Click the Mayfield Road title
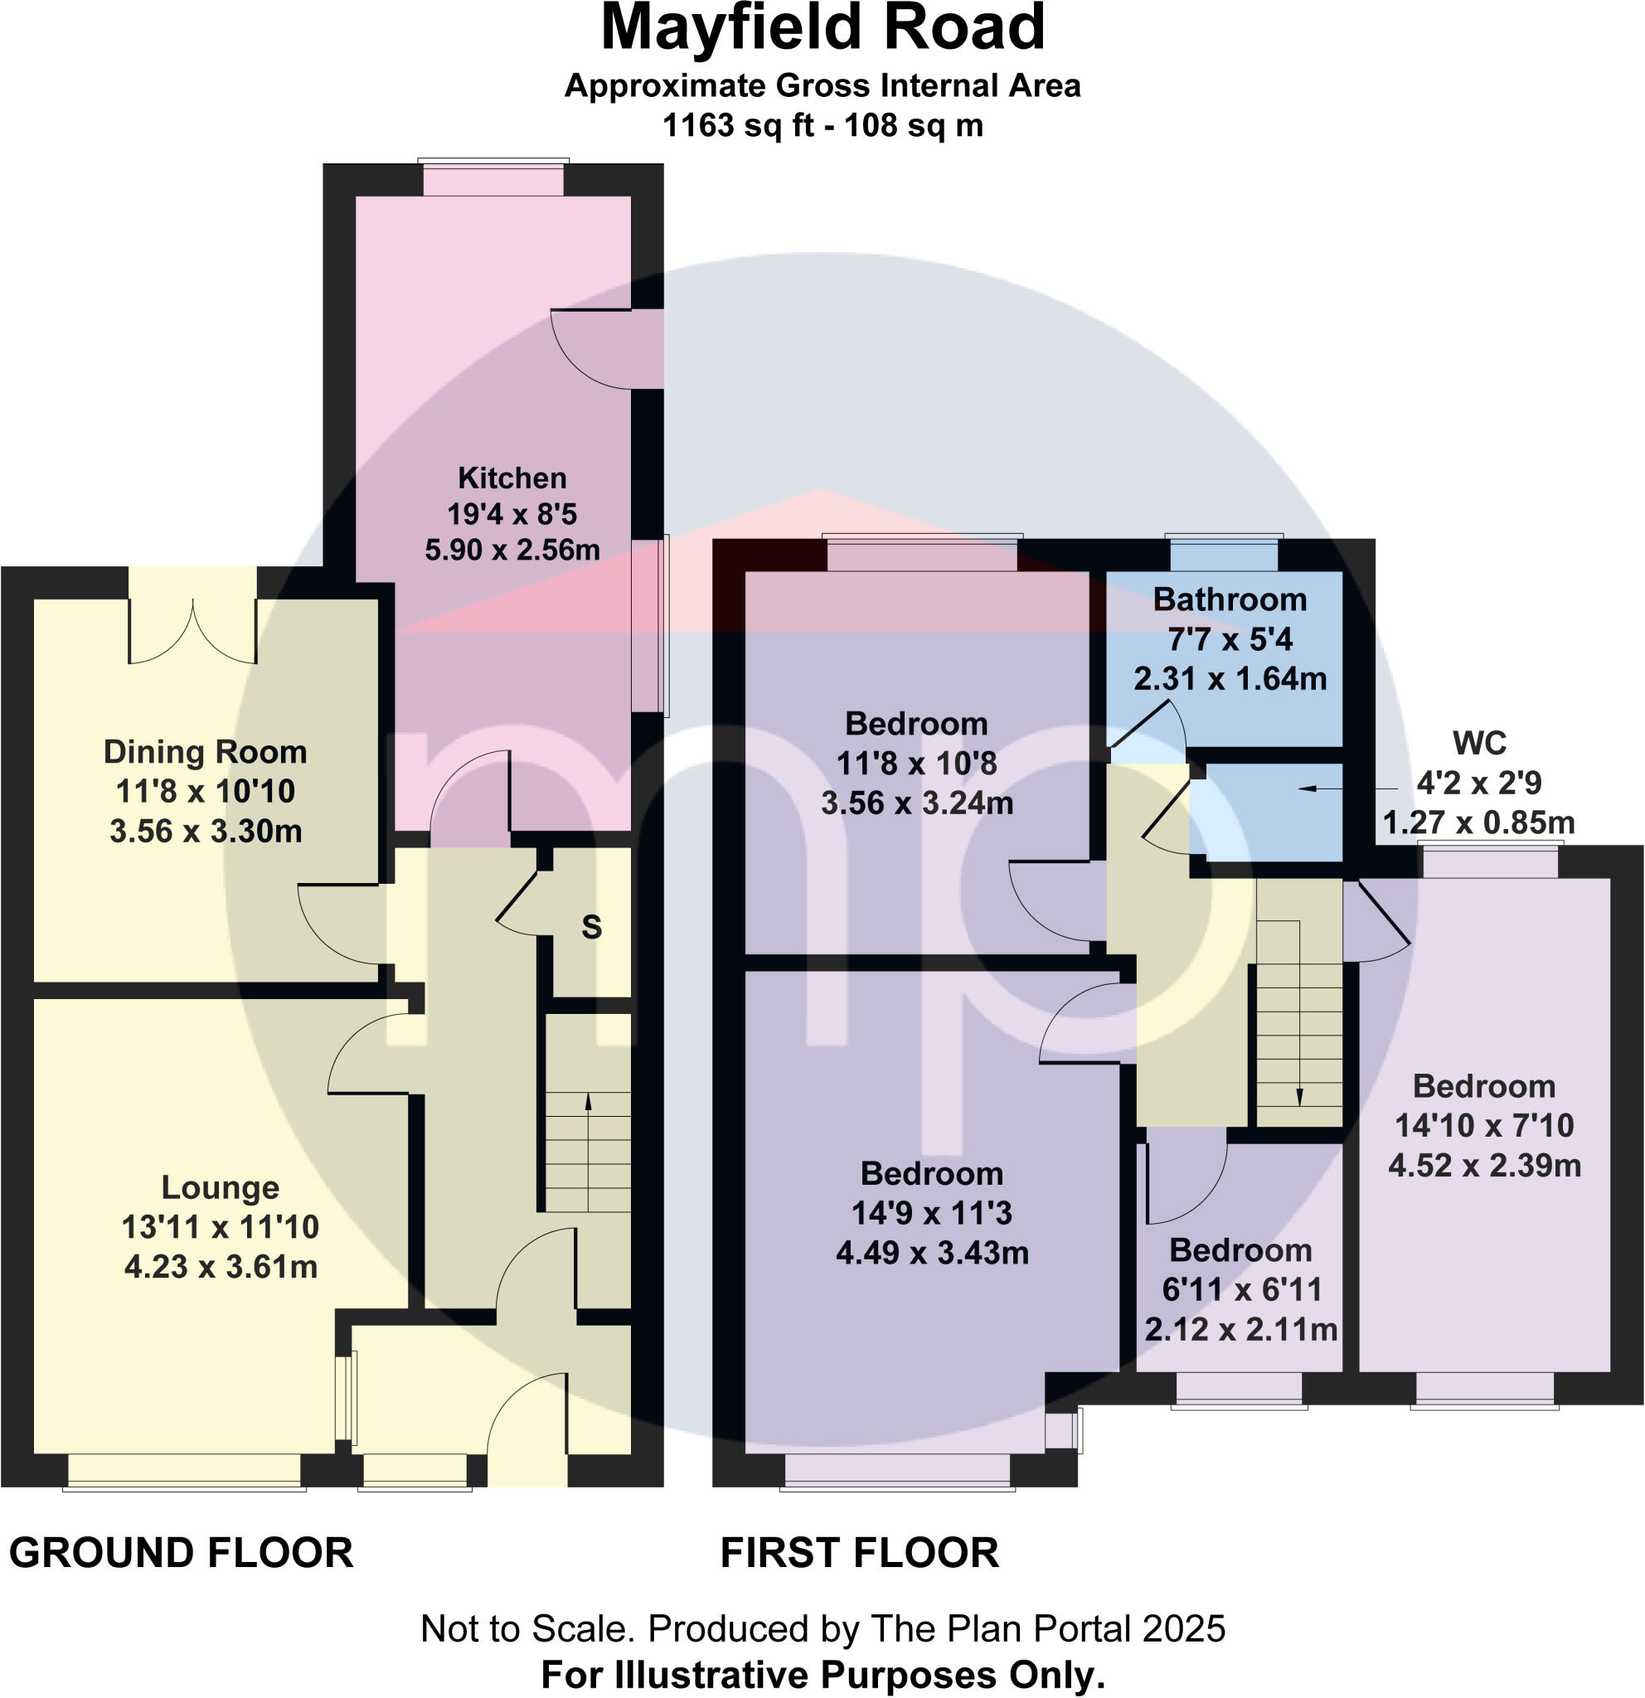pos(822,27)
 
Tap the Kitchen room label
pos(512,478)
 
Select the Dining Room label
pos(206,752)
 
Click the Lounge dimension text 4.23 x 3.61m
pos(221,1267)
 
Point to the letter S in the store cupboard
pos(592,928)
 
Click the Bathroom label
pos(1230,599)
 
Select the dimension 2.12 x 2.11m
pos(1240,1329)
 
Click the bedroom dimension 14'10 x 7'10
pos(1484,1125)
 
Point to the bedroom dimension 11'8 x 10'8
pos(915,764)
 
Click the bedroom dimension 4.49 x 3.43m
pos(932,1253)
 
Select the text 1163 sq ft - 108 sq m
pos(822,126)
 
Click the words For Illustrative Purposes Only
pos(822,1676)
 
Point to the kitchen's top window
pos(493,179)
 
